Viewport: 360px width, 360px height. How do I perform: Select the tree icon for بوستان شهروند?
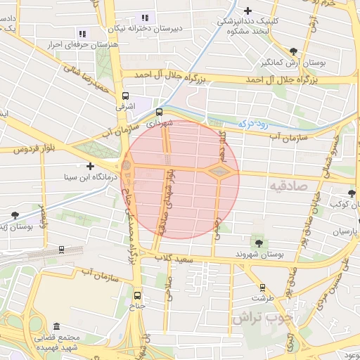(x=259, y=243)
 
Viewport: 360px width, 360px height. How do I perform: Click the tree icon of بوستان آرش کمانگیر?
(x=293, y=51)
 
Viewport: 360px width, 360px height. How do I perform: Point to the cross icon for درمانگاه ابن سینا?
(x=90, y=166)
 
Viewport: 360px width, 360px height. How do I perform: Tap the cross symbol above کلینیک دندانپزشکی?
(x=247, y=11)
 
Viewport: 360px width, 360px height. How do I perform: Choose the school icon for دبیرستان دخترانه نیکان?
(x=146, y=18)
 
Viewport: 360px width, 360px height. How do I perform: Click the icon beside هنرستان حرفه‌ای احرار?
(x=82, y=33)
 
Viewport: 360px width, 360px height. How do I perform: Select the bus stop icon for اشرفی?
(x=125, y=96)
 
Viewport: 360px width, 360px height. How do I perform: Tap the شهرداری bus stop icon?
(x=158, y=111)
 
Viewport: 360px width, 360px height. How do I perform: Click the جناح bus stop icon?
(x=137, y=295)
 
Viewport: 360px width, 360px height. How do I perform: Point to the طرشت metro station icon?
(x=262, y=287)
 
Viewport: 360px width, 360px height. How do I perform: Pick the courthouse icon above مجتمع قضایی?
(x=56, y=328)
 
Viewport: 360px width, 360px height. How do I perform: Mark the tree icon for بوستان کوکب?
(x=352, y=193)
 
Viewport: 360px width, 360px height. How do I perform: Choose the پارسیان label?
(x=345, y=231)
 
